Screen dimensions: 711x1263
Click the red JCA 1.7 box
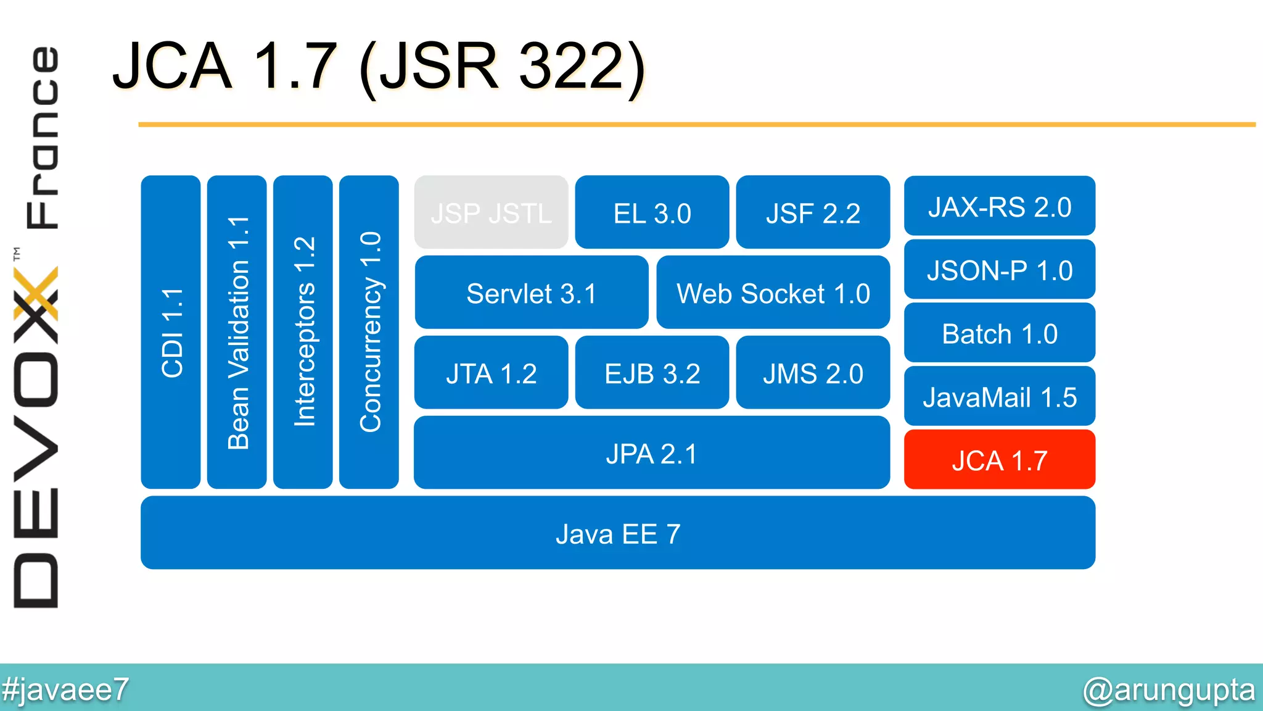[x=999, y=460]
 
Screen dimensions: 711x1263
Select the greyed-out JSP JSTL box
[x=491, y=213]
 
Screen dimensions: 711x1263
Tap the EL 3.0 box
[x=652, y=213]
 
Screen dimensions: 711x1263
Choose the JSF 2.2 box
[x=813, y=213]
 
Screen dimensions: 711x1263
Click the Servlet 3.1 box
[x=531, y=293]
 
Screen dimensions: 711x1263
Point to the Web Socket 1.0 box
[x=773, y=293]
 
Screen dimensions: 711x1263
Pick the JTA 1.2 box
[x=491, y=373]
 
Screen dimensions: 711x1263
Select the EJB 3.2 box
[x=652, y=373]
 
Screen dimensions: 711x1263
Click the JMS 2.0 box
[x=813, y=373]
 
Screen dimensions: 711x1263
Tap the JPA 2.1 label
[x=651, y=454]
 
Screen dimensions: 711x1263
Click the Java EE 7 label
[x=618, y=534]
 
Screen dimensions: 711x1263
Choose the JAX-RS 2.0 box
[x=999, y=207]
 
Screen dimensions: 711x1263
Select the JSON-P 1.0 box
[x=999, y=270]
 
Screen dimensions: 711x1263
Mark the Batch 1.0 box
[x=999, y=334]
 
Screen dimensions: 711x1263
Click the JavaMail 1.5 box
[x=999, y=397]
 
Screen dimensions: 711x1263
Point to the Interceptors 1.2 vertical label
[x=303, y=332]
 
